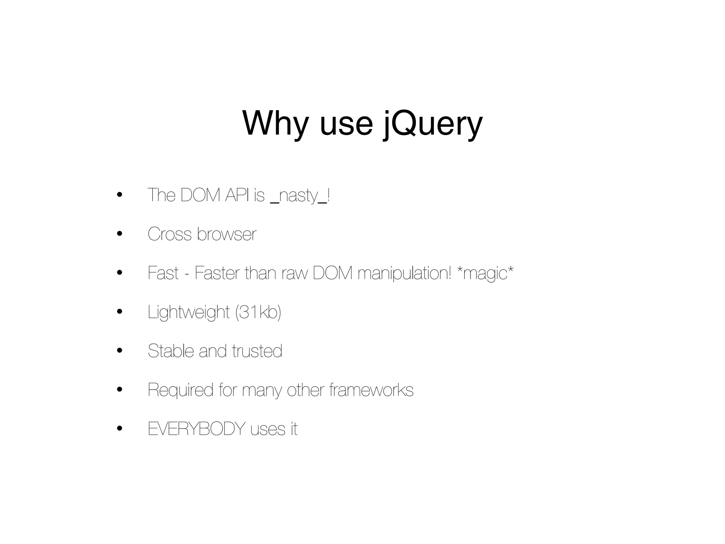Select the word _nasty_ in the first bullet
click(299, 195)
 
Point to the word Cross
click(170, 234)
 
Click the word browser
click(227, 234)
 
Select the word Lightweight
click(189, 313)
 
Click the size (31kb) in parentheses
click(258, 312)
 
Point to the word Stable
click(170, 351)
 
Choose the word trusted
click(257, 351)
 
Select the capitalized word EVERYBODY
click(196, 429)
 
